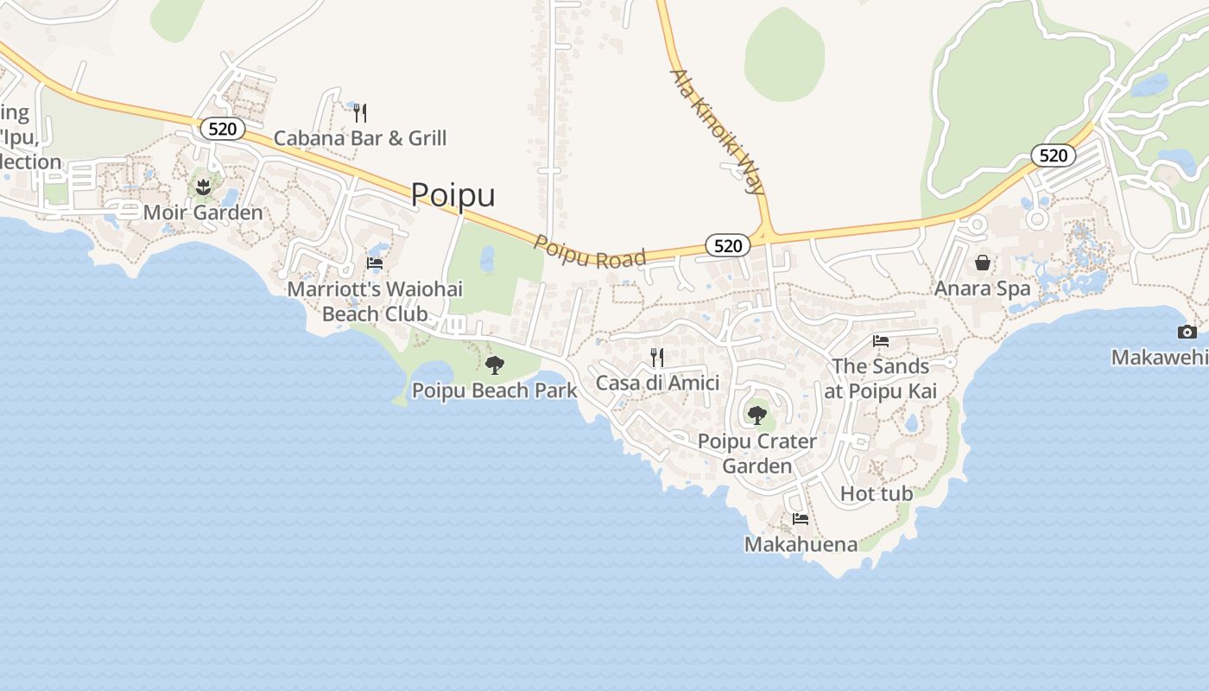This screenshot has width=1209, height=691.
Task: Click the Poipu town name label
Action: point(453,194)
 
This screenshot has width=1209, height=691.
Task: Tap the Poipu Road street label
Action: point(590,251)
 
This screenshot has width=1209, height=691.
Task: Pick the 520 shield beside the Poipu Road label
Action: point(728,245)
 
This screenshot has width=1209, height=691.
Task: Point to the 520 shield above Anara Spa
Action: point(1053,155)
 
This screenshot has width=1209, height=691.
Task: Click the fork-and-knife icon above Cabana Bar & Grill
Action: point(360,112)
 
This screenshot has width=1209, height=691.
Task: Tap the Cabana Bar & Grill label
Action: point(360,138)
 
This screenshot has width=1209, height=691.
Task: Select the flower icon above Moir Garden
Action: point(203,187)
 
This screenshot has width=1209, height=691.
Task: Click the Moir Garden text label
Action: point(203,212)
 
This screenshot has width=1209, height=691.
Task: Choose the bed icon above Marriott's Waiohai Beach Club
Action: point(375,263)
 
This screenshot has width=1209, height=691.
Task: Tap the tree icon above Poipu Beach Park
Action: point(494,365)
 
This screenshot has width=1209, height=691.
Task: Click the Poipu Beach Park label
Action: point(494,390)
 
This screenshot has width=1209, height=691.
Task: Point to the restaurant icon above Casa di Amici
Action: point(657,357)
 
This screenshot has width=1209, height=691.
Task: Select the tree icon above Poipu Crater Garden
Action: point(756,415)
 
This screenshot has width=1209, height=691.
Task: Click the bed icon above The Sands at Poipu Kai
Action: point(881,341)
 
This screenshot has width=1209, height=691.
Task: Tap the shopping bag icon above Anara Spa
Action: point(983,263)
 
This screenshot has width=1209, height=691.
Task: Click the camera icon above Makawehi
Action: point(1187,333)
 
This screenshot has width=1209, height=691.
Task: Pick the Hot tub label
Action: point(877,494)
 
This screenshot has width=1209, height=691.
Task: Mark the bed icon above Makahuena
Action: point(801,519)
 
